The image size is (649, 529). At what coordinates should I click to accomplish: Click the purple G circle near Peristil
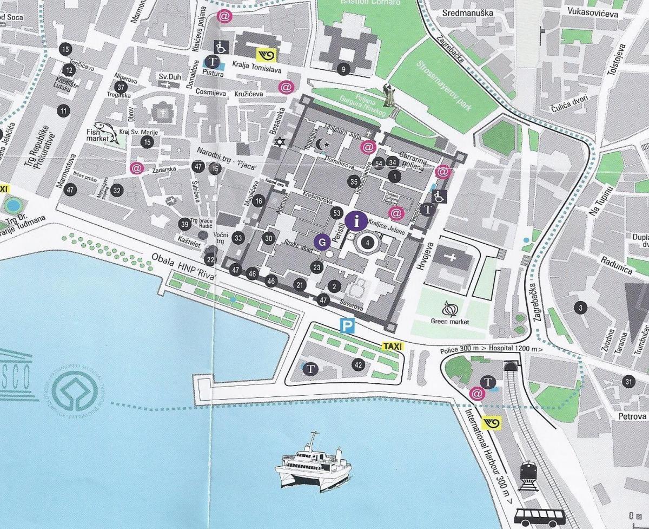[x=323, y=242]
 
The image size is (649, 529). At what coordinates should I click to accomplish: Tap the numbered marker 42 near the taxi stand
[x=358, y=364]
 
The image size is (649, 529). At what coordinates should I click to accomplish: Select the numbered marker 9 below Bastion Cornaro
[x=342, y=69]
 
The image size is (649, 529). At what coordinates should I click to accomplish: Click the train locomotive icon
[x=527, y=476]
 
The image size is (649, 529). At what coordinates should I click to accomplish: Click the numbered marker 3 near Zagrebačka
[x=580, y=308]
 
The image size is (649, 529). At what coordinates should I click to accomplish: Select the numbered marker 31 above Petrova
[x=628, y=381]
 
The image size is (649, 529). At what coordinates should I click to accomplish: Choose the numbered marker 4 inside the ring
[x=368, y=243]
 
